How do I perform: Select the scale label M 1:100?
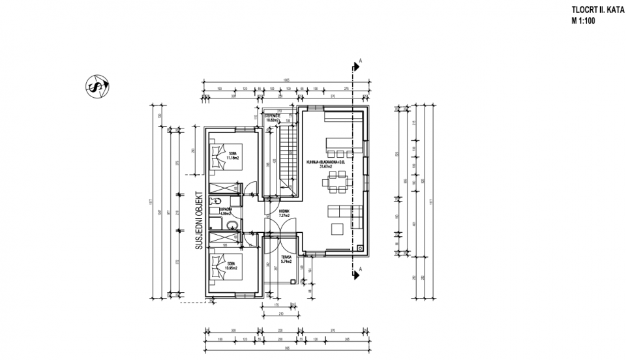pos(583,20)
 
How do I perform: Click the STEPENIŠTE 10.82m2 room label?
pos(272,118)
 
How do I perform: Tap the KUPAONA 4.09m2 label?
pos(226,211)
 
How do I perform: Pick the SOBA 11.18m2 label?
pos(231,156)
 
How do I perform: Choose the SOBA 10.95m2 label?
pos(231,266)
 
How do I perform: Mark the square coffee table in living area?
pos(339,228)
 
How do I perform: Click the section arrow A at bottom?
pos(357,273)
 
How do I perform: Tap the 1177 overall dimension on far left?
pos(152,202)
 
